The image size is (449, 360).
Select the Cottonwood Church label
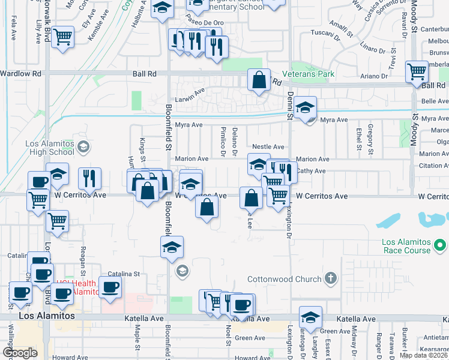point(285,279)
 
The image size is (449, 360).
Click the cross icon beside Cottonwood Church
point(330,278)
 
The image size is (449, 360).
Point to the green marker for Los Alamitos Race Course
point(440,245)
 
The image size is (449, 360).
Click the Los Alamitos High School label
point(49,148)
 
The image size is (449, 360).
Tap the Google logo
point(19,353)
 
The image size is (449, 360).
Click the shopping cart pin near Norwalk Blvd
point(62,38)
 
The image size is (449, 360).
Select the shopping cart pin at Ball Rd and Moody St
point(417,72)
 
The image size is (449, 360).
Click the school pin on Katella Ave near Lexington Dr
point(310,317)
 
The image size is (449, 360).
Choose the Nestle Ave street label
point(268,146)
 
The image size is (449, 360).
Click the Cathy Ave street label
point(312,171)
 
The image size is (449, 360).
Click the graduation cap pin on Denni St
point(305,108)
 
